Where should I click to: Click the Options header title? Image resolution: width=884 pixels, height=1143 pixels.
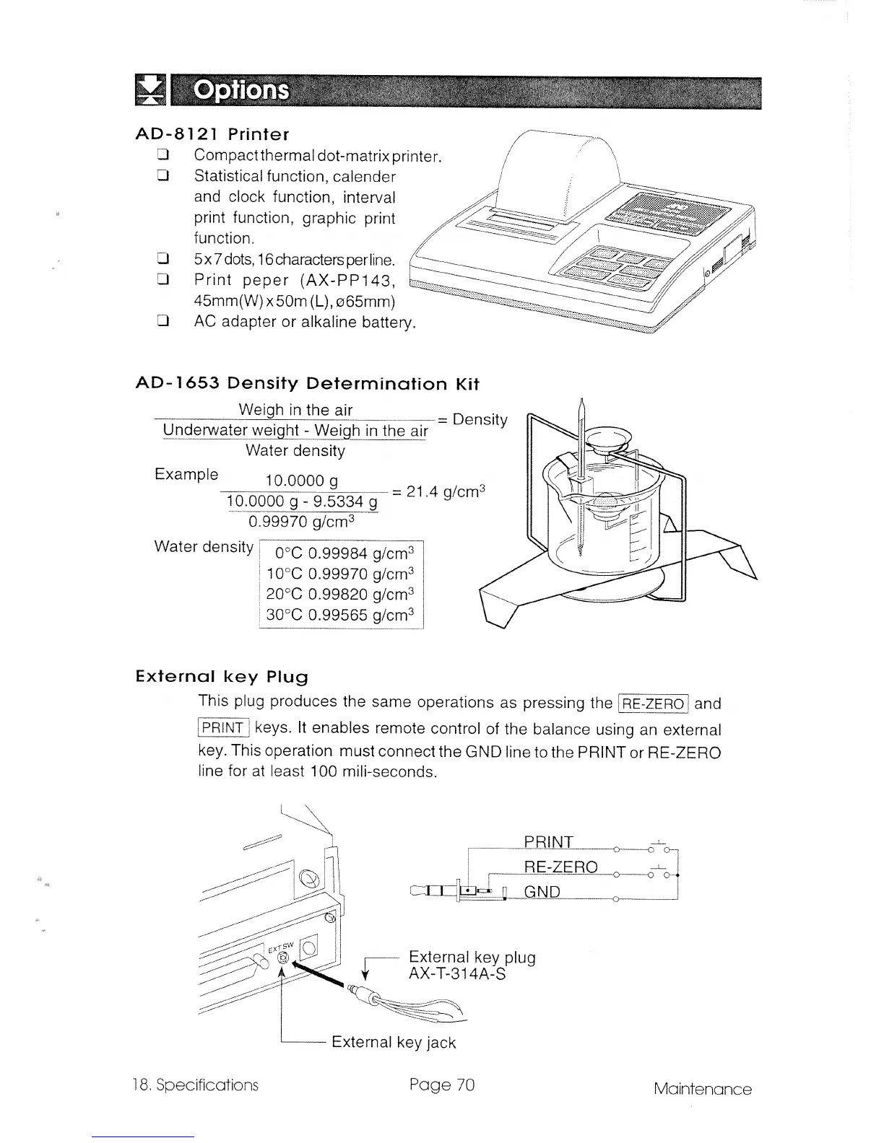click(243, 92)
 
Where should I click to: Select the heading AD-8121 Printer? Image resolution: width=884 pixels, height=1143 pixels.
click(212, 134)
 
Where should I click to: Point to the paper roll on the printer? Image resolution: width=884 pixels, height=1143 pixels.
click(560, 170)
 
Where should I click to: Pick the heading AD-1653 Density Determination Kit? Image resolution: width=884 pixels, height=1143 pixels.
click(307, 383)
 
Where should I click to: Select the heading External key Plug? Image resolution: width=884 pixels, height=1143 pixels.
click(222, 678)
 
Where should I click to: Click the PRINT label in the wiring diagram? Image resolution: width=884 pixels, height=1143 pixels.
click(548, 842)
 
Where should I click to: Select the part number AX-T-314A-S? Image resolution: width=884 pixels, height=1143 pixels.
click(457, 975)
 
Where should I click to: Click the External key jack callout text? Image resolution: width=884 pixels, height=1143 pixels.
click(394, 1042)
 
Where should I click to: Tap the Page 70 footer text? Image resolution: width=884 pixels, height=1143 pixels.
click(441, 1085)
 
